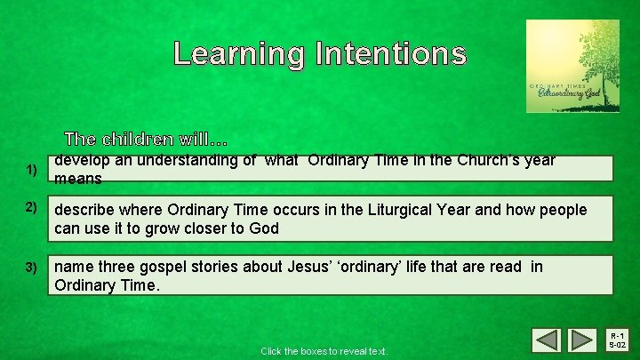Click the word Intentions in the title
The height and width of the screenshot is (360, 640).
[389, 53]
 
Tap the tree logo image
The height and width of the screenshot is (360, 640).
[572, 67]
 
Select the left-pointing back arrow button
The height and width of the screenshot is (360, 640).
[546, 340]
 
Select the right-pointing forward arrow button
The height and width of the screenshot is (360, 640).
[581, 340]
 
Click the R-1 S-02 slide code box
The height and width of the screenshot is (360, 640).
[616, 340]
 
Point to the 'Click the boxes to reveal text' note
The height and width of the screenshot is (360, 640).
[324, 351]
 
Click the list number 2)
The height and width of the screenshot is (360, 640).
[31, 208]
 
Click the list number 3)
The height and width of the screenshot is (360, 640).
[31, 267]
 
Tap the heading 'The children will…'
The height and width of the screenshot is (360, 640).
[147, 140]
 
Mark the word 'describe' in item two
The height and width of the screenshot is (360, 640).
[84, 210]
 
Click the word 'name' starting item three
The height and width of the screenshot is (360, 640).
[73, 267]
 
